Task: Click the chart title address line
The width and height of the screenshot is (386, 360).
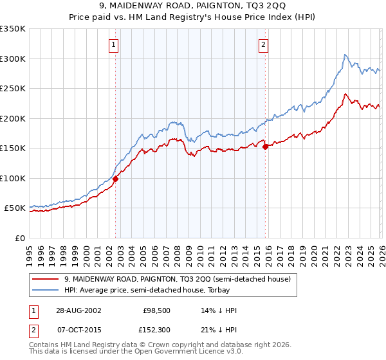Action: pyautogui.click(x=193, y=6)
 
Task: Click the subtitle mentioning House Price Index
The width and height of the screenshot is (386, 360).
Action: pyautogui.click(x=193, y=18)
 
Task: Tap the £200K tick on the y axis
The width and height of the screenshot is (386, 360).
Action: pyautogui.click(x=13, y=118)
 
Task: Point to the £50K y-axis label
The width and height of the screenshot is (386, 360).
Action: pyautogui.click(x=15, y=208)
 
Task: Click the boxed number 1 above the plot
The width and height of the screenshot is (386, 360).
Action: pyautogui.click(x=113, y=45)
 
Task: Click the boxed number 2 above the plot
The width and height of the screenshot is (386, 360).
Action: pyautogui.click(x=264, y=45)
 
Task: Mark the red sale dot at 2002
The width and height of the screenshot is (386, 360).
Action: pyautogui.click(x=116, y=179)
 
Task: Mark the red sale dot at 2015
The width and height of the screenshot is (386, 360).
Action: pyautogui.click(x=265, y=147)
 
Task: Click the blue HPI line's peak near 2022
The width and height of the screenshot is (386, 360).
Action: pyautogui.click(x=345, y=55)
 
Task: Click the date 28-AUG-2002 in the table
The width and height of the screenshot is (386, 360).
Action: pyautogui.click(x=78, y=310)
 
